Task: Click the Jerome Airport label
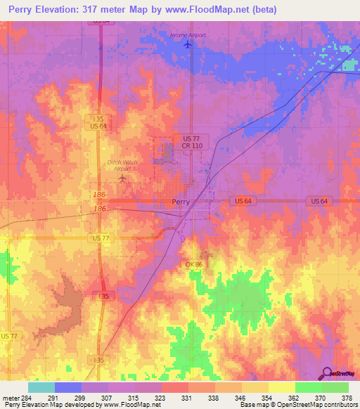point(188,34)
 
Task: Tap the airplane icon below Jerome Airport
point(188,45)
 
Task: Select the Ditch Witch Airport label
point(119,165)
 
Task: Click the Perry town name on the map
point(181,202)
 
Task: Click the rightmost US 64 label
point(319,201)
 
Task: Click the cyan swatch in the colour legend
point(41,387)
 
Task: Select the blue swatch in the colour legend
point(67,387)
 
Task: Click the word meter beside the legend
point(11,397)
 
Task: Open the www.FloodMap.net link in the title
point(214,10)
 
